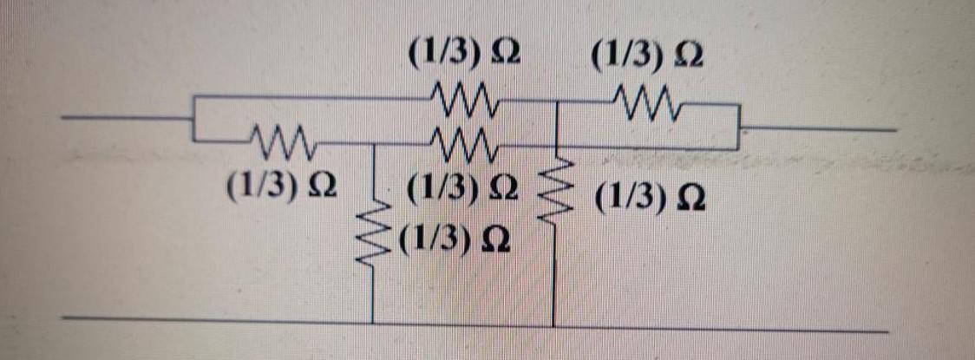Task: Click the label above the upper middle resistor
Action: point(465,57)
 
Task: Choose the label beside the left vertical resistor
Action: point(454,235)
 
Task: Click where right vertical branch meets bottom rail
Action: point(553,326)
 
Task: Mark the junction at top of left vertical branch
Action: point(372,143)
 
